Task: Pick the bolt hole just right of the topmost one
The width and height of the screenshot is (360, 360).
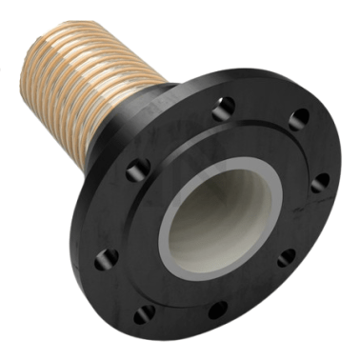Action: point(298,119)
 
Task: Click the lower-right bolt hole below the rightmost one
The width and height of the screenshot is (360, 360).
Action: point(287,257)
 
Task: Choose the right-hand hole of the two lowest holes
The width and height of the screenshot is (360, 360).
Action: point(218,309)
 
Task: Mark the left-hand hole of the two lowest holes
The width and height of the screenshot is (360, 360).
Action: point(144,311)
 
